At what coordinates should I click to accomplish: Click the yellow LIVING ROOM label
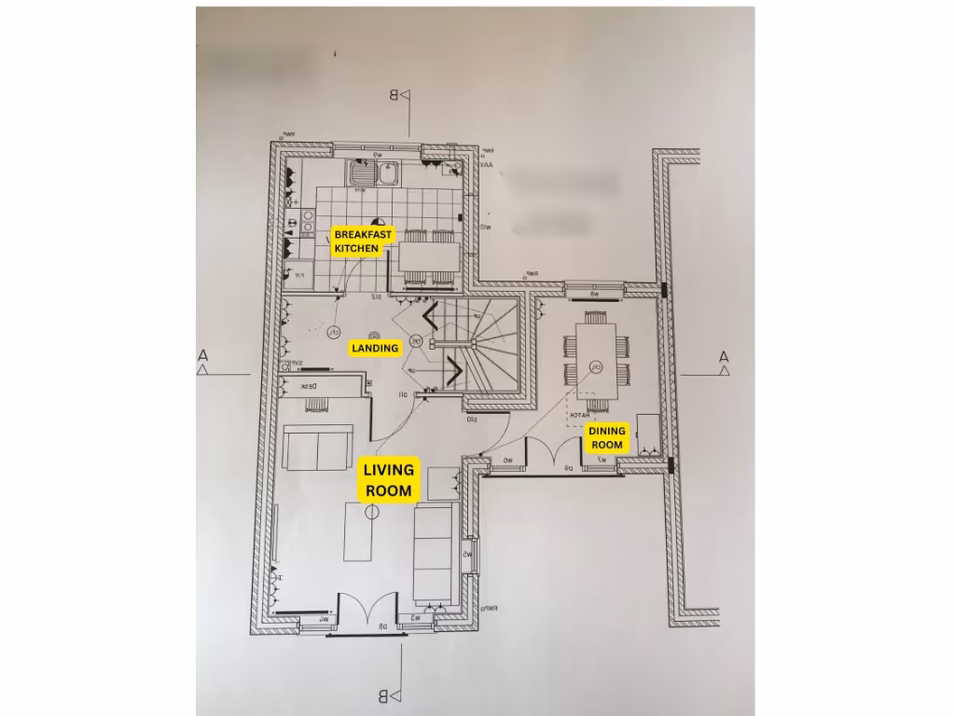click(388, 480)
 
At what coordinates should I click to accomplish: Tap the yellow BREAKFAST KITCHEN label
click(357, 241)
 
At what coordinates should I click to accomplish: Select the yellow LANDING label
click(375, 348)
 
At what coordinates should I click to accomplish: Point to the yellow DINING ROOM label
click(605, 438)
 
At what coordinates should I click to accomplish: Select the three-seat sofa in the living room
click(433, 554)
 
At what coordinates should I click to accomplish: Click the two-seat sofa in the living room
click(319, 449)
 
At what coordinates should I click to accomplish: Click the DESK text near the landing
click(310, 386)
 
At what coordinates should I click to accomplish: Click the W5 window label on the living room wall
click(468, 557)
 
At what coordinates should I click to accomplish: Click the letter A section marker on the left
click(202, 355)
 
